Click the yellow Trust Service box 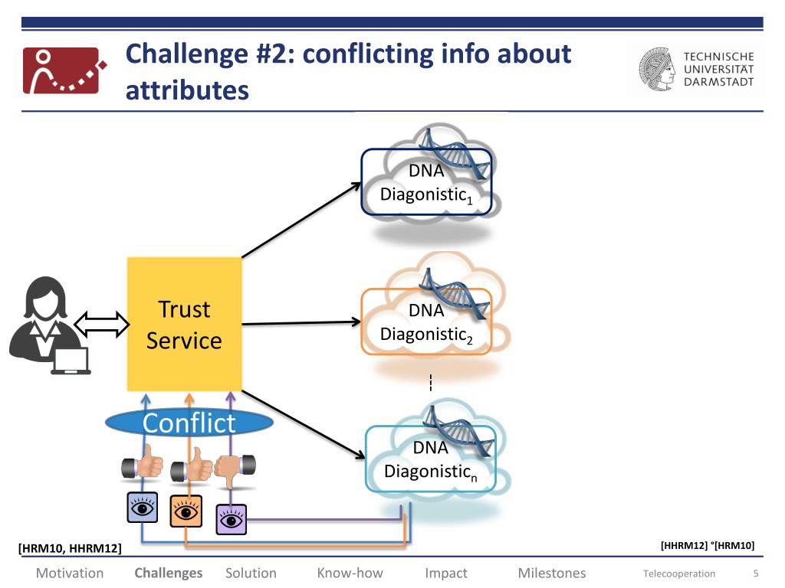point(184,324)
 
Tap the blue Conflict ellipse point(189,423)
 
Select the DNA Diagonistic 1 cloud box point(426,182)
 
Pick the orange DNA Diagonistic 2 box point(426,322)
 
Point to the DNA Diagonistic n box point(431,459)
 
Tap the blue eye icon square point(142,508)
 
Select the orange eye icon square point(186,511)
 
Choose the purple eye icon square point(232,520)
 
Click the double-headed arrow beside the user point(102,324)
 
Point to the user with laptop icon point(49,325)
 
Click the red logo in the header point(64,70)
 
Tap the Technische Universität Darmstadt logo point(696,69)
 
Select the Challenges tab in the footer point(168,573)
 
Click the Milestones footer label point(552,573)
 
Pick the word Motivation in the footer point(70,573)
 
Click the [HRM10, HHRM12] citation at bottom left point(70,548)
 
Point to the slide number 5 point(756,573)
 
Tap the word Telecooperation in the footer point(679,573)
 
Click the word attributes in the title point(187,90)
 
